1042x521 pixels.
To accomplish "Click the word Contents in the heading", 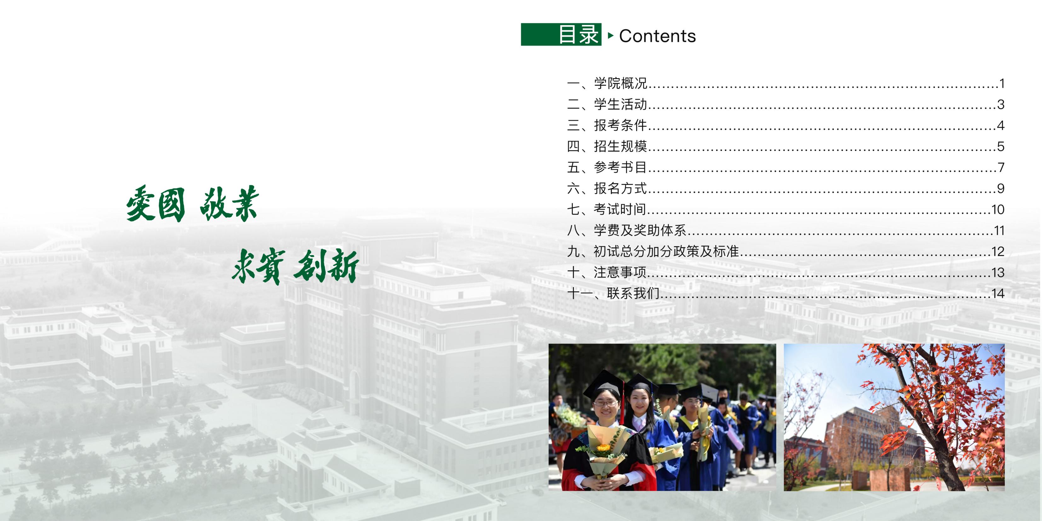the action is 657,36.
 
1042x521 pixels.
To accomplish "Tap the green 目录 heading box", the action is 561,34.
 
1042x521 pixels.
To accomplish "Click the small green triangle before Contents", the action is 611,36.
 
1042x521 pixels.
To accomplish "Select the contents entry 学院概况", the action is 620,83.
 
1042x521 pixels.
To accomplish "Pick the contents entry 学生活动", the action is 620,104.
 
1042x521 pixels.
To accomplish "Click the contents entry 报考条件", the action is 620,125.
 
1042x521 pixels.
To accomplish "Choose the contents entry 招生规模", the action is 620,147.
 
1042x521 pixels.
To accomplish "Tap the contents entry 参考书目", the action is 620,167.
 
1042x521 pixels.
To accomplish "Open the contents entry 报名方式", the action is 620,188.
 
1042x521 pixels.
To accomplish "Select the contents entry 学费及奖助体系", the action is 640,231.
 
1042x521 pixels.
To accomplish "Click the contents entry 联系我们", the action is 633,293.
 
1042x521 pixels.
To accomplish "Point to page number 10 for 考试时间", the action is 998,210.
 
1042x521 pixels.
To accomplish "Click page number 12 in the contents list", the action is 998,252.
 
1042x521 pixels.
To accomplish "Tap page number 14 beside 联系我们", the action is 998,294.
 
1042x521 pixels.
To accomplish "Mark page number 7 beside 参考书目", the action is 1001,167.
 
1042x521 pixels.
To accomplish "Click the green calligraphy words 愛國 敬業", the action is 193,204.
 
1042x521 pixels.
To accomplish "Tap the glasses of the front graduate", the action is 606,402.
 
